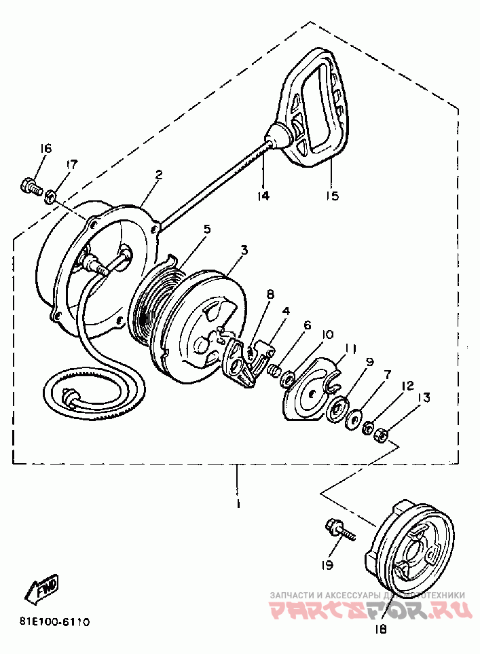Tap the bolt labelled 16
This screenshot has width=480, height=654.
(x=29, y=185)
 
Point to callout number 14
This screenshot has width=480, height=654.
(x=263, y=196)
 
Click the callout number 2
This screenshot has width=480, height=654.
(x=159, y=175)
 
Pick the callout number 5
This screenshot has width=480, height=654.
(x=207, y=229)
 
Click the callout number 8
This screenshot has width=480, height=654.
(x=270, y=295)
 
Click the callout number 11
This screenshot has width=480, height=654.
(x=350, y=348)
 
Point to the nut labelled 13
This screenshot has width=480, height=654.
(x=382, y=433)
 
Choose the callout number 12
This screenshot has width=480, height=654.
(x=407, y=385)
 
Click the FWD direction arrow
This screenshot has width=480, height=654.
(x=43, y=588)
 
